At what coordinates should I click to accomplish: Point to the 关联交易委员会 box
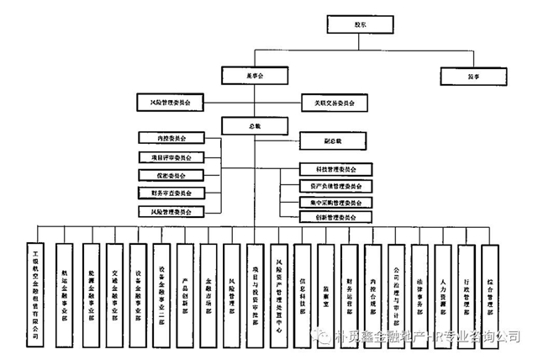(x=334, y=103)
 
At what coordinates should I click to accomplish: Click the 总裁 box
(x=254, y=125)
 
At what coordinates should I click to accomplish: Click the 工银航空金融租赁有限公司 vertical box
(x=36, y=291)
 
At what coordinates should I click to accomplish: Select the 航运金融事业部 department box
(x=66, y=291)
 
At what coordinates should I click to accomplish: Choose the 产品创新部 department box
(x=184, y=291)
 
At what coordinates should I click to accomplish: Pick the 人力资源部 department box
(x=443, y=291)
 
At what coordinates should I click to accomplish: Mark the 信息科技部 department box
(x=302, y=291)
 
